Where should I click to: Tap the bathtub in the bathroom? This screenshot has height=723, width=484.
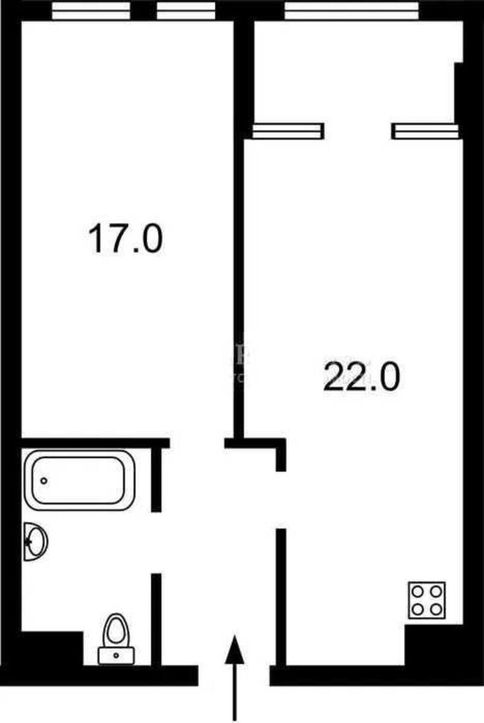tap(78, 480)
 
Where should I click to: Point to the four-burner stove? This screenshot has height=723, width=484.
tap(427, 599)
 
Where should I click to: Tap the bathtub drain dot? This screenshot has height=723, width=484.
tap(44, 481)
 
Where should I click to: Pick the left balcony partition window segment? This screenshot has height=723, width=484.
tap(288, 131)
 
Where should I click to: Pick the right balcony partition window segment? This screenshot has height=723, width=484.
tap(425, 131)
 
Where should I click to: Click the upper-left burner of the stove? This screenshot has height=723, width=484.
tap(418, 590)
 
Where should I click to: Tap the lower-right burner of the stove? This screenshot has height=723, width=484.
tap(436, 609)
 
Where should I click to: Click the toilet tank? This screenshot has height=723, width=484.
tap(116, 655)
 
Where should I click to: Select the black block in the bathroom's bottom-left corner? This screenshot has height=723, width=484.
tap(51, 648)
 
